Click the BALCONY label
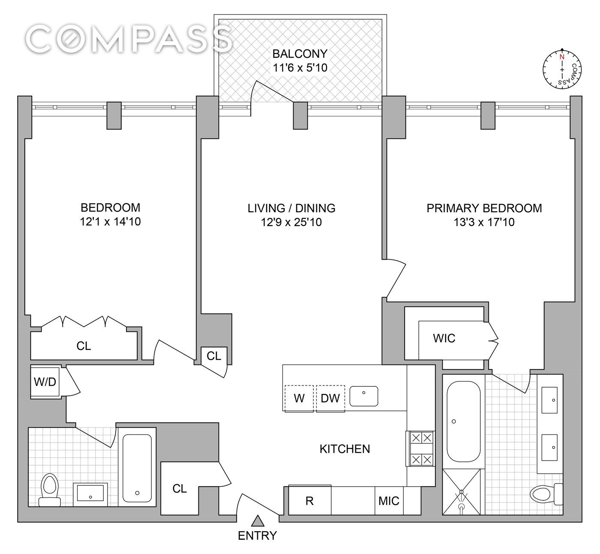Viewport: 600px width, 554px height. pyautogui.click(x=300, y=54)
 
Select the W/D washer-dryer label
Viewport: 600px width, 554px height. pyautogui.click(x=45, y=382)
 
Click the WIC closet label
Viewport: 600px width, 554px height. pyautogui.click(x=444, y=338)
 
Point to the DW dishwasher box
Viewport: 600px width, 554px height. pyautogui.click(x=330, y=398)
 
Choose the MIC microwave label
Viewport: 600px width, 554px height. pyautogui.click(x=389, y=501)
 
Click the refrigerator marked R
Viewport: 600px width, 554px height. pyautogui.click(x=310, y=500)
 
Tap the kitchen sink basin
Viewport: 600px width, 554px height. pyautogui.click(x=364, y=396)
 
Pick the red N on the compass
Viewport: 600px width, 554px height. pyautogui.click(x=562, y=57)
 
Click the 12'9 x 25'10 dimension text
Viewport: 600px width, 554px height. pyautogui.click(x=291, y=222)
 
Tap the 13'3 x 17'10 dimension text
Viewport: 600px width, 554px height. pyautogui.click(x=484, y=222)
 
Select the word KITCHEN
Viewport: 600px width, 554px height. pyautogui.click(x=345, y=449)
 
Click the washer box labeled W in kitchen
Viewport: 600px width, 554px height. pyautogui.click(x=299, y=398)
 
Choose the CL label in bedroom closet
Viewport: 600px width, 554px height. pyautogui.click(x=84, y=346)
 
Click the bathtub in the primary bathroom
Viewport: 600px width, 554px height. pyautogui.click(x=463, y=421)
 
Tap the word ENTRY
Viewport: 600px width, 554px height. pyautogui.click(x=258, y=536)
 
